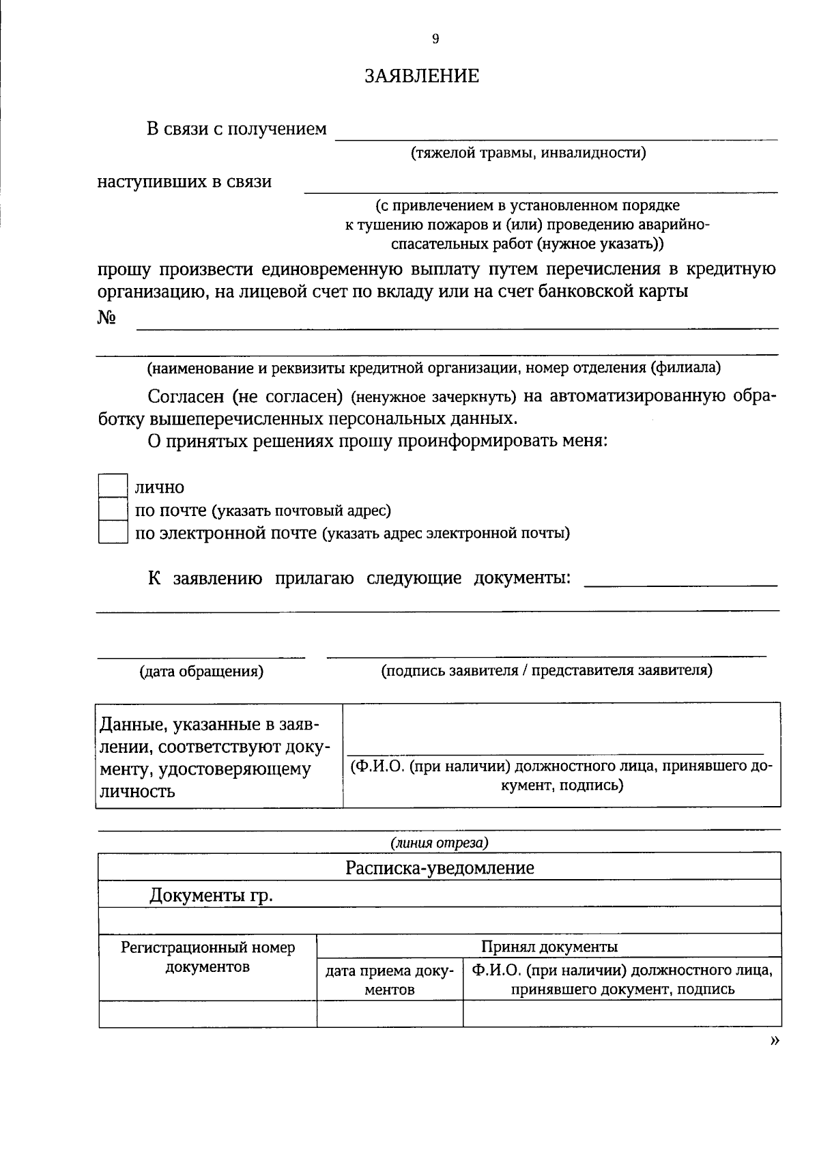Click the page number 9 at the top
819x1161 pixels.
tap(435, 39)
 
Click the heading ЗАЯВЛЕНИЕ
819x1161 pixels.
tap(421, 75)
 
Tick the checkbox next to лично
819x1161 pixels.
tap(113, 486)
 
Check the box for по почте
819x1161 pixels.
tap(113, 509)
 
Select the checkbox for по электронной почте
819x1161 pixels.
tap(113, 532)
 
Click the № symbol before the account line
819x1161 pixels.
tap(105, 318)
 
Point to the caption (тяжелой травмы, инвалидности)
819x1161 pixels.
tap(528, 152)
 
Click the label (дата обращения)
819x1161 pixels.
tap(201, 672)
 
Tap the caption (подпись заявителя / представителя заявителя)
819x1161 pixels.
tap(546, 670)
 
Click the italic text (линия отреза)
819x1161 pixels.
tap(440, 843)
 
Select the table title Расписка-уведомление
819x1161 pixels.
tap(440, 868)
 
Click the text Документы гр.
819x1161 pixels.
tap(211, 895)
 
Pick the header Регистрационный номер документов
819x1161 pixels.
tap(207, 957)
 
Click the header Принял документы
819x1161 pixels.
tap(549, 947)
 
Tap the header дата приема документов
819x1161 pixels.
tap(389, 980)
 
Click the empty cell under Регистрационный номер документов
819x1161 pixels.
tap(207, 1014)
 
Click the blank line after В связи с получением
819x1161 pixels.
tap(556, 134)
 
